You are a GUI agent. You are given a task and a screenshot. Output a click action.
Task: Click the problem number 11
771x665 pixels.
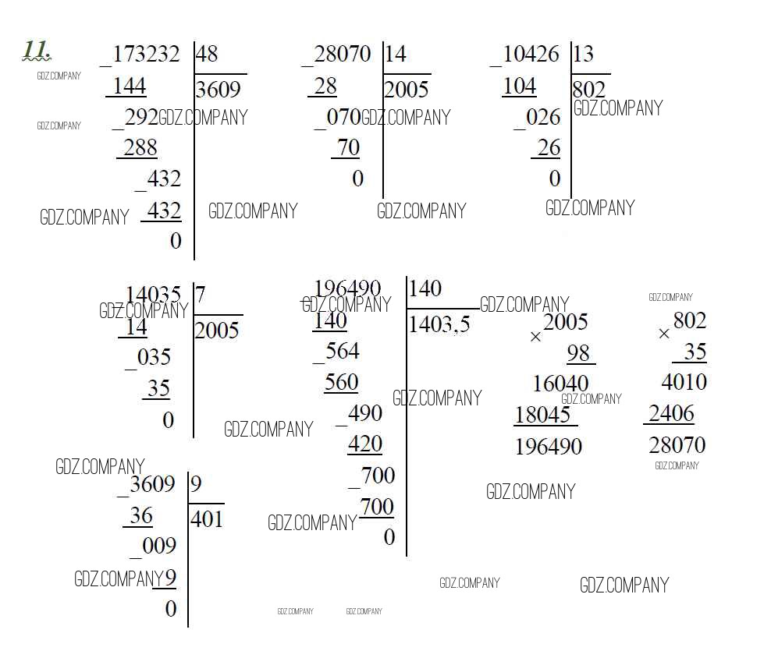36,50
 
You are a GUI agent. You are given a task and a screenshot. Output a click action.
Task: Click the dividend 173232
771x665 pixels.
146,54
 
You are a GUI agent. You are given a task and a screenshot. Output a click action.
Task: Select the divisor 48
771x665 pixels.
207,54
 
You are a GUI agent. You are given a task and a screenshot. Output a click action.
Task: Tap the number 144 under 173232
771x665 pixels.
130,87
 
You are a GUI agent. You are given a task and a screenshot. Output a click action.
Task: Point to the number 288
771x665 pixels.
140,147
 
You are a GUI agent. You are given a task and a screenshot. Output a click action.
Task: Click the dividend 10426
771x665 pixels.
531,54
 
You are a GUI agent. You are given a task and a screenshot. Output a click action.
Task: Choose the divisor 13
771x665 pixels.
584,54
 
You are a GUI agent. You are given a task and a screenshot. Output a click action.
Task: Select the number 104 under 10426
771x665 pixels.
519,87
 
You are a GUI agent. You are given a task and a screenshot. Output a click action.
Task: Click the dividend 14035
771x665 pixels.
154,295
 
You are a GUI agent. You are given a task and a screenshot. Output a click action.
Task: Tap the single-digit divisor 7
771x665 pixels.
200,295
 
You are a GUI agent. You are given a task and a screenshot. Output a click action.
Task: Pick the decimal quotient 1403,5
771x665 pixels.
439,324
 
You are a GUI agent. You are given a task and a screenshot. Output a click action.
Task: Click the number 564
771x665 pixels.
343,351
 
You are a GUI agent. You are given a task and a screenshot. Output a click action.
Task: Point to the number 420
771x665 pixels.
365,444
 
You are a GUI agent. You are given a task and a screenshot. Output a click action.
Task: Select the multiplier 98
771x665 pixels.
578,353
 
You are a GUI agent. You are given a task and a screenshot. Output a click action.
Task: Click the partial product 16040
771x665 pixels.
560,384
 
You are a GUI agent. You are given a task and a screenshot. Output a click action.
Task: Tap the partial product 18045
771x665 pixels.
542,415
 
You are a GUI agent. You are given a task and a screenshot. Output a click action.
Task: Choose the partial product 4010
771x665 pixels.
684,382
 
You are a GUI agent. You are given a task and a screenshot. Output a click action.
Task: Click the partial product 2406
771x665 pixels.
671,413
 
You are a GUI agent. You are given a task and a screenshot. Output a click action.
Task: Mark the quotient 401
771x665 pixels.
207,519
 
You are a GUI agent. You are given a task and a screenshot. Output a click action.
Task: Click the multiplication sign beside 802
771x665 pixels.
664,334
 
